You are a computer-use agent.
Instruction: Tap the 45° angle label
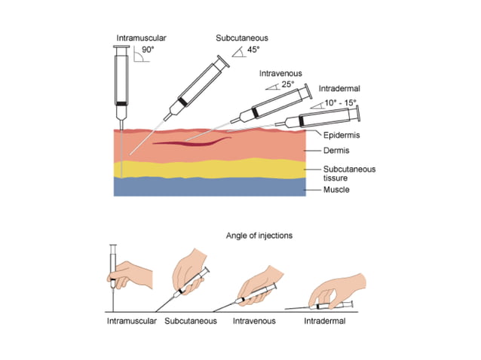click(x=253, y=50)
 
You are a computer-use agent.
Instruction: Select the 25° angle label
click(x=286, y=85)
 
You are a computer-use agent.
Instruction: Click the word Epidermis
click(x=339, y=136)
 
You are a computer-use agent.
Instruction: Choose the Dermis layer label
click(x=332, y=152)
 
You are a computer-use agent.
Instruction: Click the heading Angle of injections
click(x=259, y=236)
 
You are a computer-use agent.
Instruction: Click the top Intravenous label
click(x=280, y=74)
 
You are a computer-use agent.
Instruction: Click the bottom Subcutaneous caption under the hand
click(x=191, y=321)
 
